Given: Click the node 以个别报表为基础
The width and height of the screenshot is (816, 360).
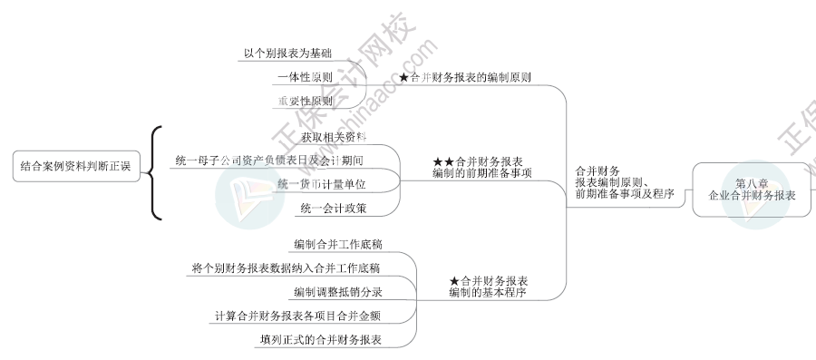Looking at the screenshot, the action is coord(287,54).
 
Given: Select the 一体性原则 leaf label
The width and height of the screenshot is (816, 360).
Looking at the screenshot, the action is coord(304,78).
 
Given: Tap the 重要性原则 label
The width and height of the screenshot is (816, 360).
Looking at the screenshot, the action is coord(305,102).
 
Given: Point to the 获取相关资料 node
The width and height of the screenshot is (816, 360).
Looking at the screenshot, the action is coord(334,137).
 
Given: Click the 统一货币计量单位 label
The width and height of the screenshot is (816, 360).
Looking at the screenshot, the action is coord(321,184).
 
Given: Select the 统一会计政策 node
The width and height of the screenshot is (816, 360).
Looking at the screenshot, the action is coord(334,209).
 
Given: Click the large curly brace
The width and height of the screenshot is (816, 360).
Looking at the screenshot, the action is coord(157,172).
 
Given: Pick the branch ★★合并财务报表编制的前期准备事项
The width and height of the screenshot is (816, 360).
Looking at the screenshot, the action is coord(482,167).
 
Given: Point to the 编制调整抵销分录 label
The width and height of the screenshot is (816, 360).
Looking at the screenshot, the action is coord(337,292).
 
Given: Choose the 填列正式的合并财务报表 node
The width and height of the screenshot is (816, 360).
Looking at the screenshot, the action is coord(319,340).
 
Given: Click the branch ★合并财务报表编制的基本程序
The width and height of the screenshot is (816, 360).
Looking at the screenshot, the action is coord(488,287).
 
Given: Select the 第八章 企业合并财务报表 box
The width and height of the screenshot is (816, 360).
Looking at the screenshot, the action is coord(752,190).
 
